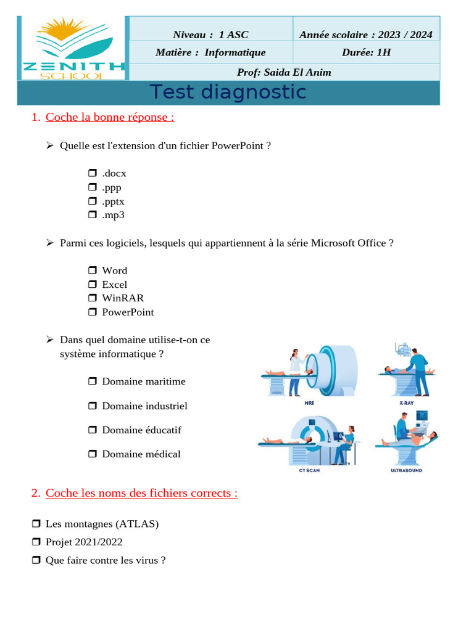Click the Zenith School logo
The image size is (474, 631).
click(73, 48)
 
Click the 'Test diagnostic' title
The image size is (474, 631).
click(228, 92)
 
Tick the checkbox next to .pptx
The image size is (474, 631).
click(92, 201)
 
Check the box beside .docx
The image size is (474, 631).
click(92, 173)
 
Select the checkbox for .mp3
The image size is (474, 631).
click(92, 215)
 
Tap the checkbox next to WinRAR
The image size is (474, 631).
click(92, 298)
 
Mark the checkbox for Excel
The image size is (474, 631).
click(92, 284)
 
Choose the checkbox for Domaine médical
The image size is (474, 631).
click(92, 454)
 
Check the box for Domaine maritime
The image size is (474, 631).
click(92, 381)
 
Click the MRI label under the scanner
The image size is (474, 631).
click(309, 403)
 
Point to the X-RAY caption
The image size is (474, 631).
click(406, 403)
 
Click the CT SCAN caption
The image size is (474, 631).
click(309, 470)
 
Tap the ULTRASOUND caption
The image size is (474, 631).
click(406, 470)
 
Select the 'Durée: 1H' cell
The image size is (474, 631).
click(366, 52)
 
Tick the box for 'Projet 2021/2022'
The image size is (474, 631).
click(36, 542)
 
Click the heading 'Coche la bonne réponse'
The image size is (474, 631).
click(109, 116)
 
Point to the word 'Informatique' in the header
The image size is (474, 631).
click(235, 52)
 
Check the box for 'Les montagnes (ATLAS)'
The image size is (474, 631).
click(36, 524)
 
